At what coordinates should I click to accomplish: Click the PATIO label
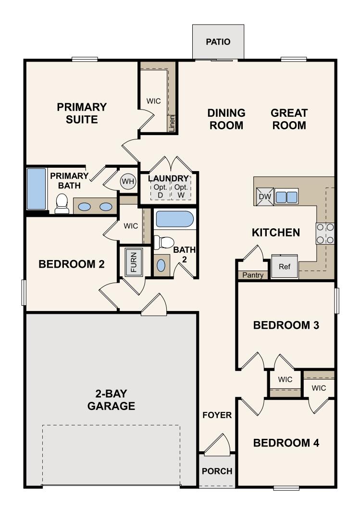click(218, 42)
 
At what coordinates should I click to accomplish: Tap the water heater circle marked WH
click(127, 181)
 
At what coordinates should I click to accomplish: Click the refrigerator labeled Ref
click(285, 267)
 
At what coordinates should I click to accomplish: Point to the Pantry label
click(252, 275)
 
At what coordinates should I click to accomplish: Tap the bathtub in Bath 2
click(174, 220)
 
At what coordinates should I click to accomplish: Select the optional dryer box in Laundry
click(161, 187)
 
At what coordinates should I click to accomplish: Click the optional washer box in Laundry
click(181, 187)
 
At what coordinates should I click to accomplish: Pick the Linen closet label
click(172, 123)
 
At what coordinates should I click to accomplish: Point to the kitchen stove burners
click(325, 233)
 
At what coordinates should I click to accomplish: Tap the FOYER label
click(217, 415)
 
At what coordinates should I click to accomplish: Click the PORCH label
click(217, 471)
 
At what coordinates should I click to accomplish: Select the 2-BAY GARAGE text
click(111, 399)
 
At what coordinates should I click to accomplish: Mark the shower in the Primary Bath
click(36, 188)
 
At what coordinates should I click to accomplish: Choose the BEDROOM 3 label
click(286, 325)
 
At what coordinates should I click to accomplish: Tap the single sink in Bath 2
click(161, 265)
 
